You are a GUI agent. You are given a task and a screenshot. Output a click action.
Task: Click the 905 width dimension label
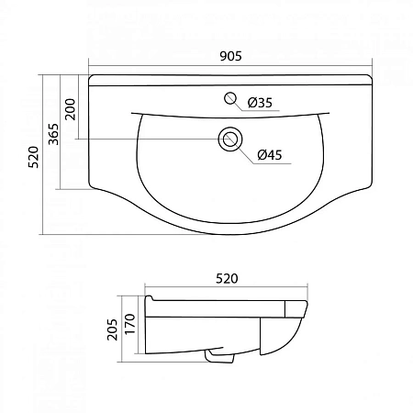[x=230, y=56]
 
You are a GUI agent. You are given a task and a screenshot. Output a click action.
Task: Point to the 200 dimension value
[x=69, y=109]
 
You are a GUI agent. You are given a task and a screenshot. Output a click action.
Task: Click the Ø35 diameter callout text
[x=260, y=102]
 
